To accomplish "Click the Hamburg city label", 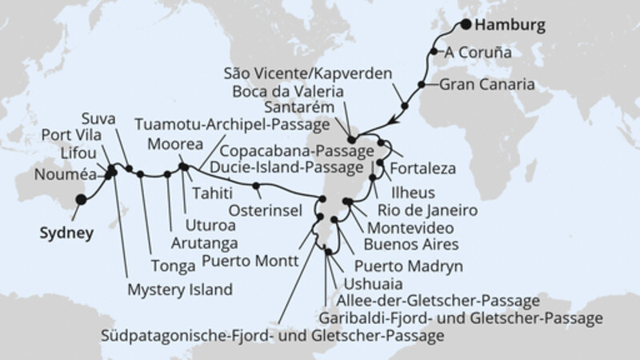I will (x=509, y=26).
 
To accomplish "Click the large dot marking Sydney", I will (x=80, y=201).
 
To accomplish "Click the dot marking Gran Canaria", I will (x=419, y=83).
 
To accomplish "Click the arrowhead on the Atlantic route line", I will (x=392, y=121).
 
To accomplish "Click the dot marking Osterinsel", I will (x=256, y=187).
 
